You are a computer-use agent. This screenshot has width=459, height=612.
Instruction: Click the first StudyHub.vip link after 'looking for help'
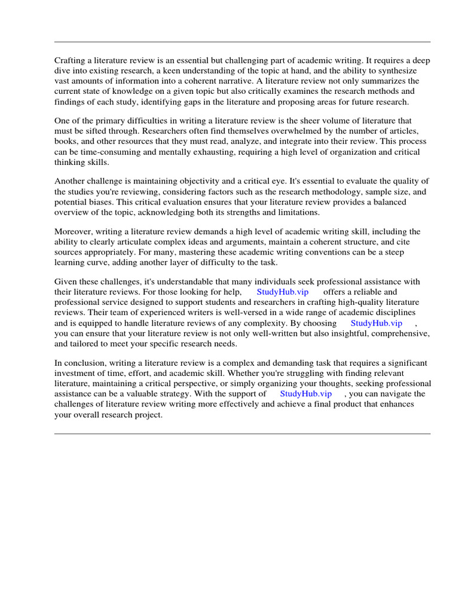(x=283, y=292)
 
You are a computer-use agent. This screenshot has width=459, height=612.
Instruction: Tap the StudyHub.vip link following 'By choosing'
(x=377, y=323)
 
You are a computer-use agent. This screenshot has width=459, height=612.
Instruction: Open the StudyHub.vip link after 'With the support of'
(x=305, y=394)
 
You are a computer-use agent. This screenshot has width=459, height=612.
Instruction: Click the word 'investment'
(x=76, y=374)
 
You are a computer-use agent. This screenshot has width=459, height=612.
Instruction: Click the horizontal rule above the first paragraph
(x=242, y=42)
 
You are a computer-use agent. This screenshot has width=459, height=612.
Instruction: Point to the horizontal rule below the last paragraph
(x=242, y=433)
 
